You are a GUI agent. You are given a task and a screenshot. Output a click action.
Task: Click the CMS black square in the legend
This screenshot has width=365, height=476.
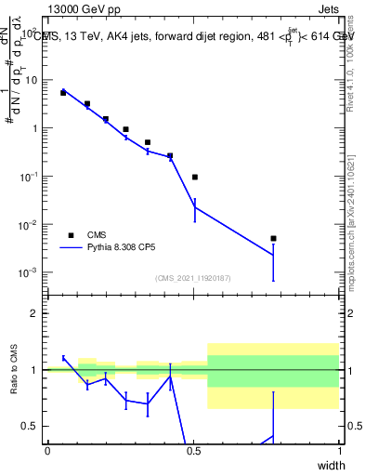71,235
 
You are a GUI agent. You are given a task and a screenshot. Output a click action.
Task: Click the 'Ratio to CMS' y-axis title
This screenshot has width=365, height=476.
14,369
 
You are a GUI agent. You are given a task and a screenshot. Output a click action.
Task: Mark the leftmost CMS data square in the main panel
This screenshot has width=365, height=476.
63,93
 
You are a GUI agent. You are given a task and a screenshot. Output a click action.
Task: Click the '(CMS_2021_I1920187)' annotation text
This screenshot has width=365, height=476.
193,278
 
